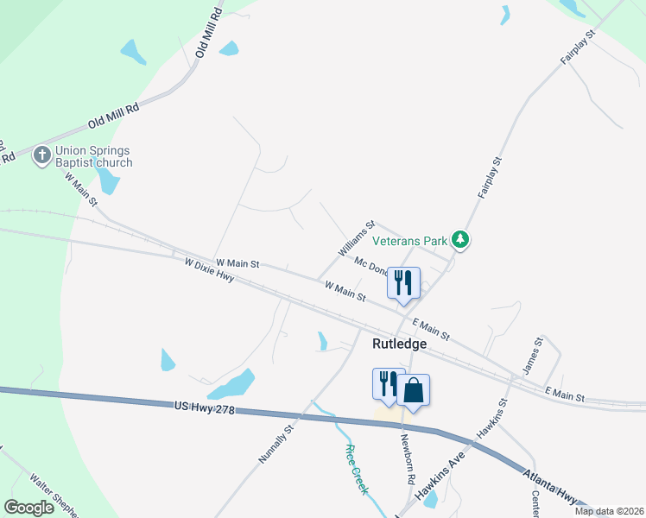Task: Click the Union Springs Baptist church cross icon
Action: click(41, 155)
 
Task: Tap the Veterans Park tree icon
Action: click(461, 239)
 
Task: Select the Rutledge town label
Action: click(399, 344)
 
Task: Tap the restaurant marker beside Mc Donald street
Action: click(403, 282)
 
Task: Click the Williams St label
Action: click(357, 237)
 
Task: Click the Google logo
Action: click(29, 507)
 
